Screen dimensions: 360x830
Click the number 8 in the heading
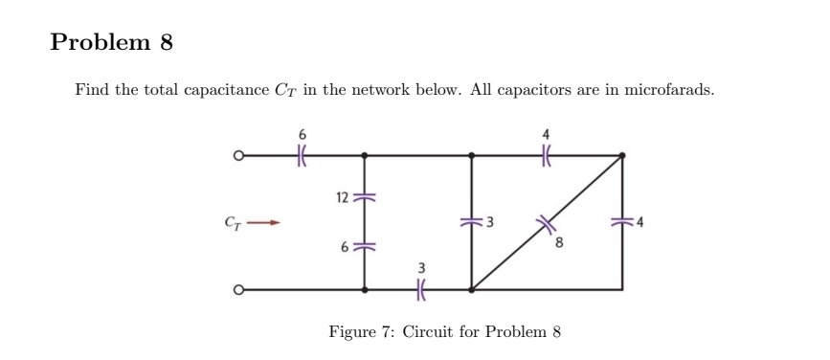(164, 43)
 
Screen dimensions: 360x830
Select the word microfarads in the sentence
(668, 89)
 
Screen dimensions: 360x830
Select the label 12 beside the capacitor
(341, 197)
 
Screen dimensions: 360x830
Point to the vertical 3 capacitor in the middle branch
(470, 222)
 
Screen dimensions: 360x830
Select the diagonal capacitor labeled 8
(549, 221)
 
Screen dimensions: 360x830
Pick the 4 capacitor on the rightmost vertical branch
(623, 222)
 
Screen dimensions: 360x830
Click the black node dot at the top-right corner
(623, 153)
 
